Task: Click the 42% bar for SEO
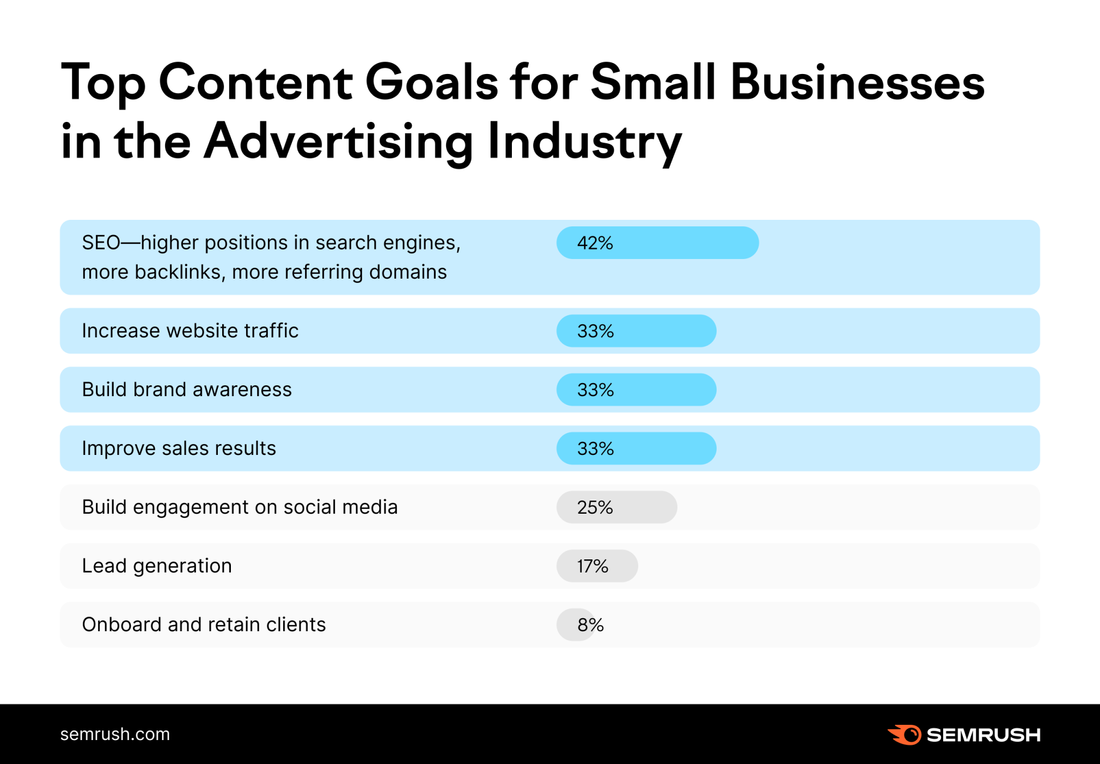pyautogui.click(x=657, y=243)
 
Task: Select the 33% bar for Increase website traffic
pyautogui.click(x=636, y=331)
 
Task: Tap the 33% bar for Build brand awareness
pyautogui.click(x=636, y=390)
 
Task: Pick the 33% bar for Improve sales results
pyautogui.click(x=636, y=448)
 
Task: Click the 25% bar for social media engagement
pyautogui.click(x=616, y=507)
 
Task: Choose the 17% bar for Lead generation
pyautogui.click(x=597, y=566)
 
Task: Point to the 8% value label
pyautogui.click(x=591, y=625)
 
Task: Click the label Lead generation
pyautogui.click(x=157, y=566)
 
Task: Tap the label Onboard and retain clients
pyautogui.click(x=204, y=625)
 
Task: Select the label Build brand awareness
pyautogui.click(x=187, y=390)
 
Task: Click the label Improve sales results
pyautogui.click(x=179, y=448)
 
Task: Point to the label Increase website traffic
pyautogui.click(x=190, y=331)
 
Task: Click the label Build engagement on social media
pyautogui.click(x=240, y=507)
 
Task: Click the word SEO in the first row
pyautogui.click(x=101, y=243)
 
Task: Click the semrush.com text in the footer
pyautogui.click(x=115, y=734)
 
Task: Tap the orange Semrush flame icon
pyautogui.click(x=905, y=735)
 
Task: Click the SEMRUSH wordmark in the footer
pyautogui.click(x=983, y=735)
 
